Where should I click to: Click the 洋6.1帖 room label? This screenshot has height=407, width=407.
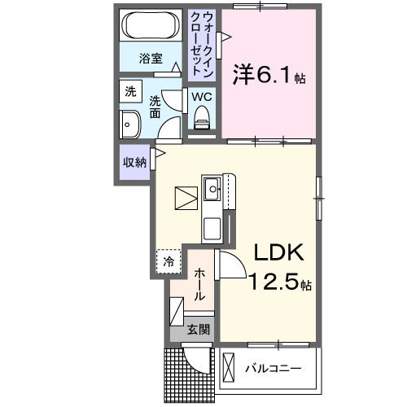click(x=269, y=76)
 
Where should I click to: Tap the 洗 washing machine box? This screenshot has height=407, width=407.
click(x=130, y=92)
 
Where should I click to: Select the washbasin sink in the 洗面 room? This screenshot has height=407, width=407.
click(x=129, y=125)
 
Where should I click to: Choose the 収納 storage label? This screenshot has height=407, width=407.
click(x=134, y=161)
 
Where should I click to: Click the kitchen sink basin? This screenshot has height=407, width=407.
click(x=213, y=190)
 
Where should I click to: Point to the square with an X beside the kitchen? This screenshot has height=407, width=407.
click(x=186, y=198)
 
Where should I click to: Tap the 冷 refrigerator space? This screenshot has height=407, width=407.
click(x=168, y=260)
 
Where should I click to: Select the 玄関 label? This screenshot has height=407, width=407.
click(x=198, y=330)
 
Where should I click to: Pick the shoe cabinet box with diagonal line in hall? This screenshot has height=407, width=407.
click(x=177, y=313)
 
